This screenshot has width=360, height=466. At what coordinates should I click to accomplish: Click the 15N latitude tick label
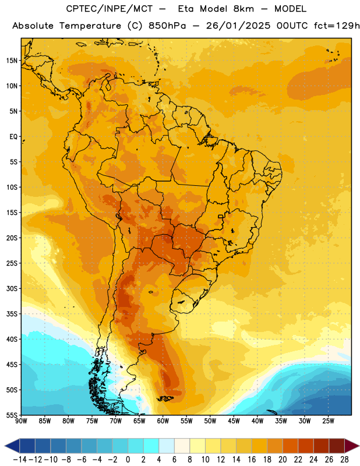click(12, 61)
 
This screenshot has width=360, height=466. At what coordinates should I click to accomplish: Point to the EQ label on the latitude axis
click(13, 137)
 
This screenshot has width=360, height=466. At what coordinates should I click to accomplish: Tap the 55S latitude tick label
click(12, 415)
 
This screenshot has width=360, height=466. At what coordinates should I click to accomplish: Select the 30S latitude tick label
click(12, 288)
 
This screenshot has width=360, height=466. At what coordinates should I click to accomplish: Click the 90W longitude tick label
click(22, 421)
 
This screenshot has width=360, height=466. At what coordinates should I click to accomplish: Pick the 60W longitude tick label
click(163, 421)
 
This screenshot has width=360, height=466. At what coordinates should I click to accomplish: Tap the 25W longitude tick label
click(328, 421)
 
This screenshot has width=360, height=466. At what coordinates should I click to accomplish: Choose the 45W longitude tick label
click(234, 421)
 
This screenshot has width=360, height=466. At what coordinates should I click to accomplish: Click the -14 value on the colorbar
click(20, 460)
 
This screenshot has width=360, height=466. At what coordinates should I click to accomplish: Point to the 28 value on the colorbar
click(344, 460)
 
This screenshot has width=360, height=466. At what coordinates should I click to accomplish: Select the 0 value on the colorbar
click(128, 460)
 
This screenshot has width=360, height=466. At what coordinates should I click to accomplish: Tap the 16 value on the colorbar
click(252, 460)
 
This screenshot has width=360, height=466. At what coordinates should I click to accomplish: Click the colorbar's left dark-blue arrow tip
click(5, 446)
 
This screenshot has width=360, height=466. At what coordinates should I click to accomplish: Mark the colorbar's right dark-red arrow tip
click(359, 446)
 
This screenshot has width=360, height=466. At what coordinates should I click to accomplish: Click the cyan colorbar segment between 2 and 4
click(151, 446)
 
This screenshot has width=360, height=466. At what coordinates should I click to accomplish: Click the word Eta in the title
click(186, 9)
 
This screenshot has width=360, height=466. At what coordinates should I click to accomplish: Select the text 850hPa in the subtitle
click(167, 26)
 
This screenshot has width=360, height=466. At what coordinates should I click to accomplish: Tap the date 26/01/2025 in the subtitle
click(238, 26)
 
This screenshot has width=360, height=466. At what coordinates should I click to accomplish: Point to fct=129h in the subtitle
click(337, 26)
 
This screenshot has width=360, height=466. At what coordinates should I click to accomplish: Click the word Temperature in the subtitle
click(90, 26)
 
